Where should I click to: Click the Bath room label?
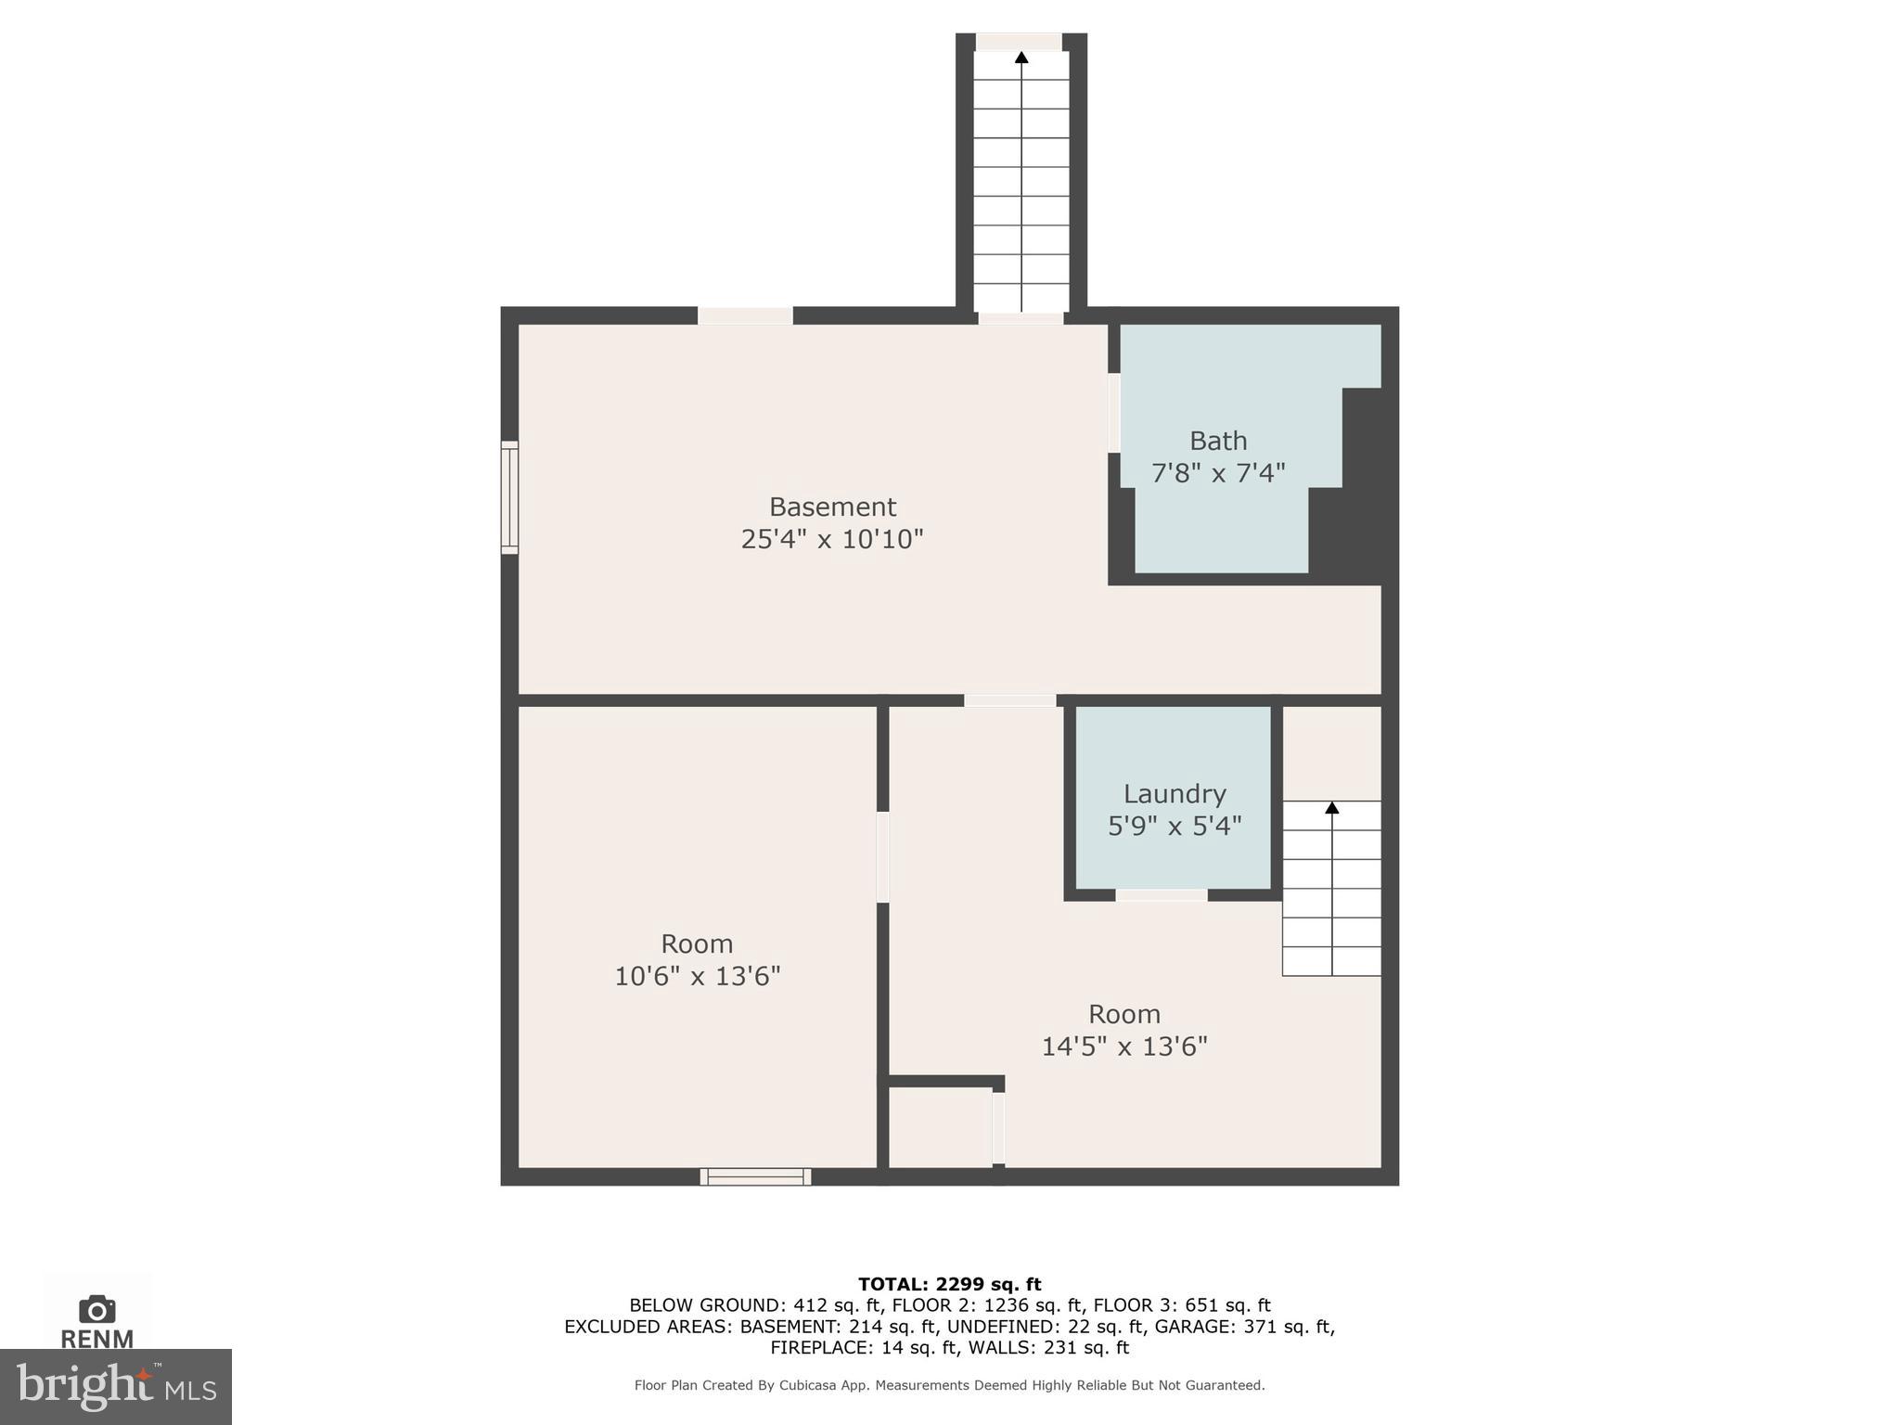[1217, 441]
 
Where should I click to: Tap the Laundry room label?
[1174, 793]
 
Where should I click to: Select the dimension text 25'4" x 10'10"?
[831, 539]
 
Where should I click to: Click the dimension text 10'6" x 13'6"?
[697, 976]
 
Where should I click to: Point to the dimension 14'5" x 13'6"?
[1123, 1046]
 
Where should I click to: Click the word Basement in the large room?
[832, 507]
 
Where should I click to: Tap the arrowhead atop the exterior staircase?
[1021, 58]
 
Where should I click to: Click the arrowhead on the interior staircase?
[1331, 807]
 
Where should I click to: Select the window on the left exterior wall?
[509, 498]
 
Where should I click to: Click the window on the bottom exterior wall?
[755, 1176]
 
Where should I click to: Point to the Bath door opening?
[1113, 412]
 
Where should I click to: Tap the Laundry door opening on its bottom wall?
[1161, 895]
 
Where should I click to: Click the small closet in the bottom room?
[939, 1126]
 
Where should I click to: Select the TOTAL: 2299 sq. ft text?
[949, 1284]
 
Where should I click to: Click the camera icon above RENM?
[96, 1309]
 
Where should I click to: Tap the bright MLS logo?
[115, 1386]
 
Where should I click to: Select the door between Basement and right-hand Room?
[1009, 700]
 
